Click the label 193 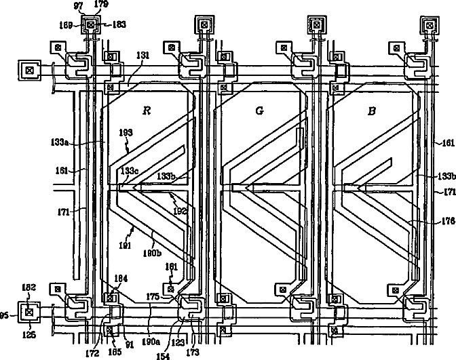[x=125, y=134]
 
